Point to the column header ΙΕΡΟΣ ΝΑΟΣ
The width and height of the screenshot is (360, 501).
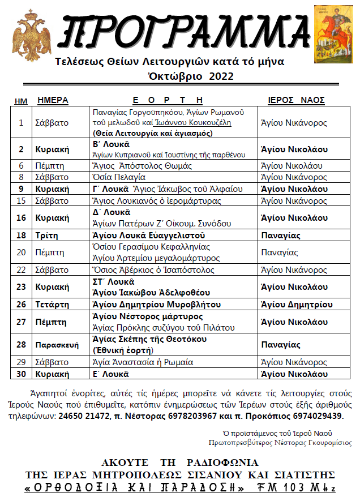click(x=296, y=100)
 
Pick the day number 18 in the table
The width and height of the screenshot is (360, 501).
click(x=22, y=235)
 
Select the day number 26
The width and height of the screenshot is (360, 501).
click(x=22, y=305)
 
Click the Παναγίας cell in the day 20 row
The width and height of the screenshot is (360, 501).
click(x=280, y=252)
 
